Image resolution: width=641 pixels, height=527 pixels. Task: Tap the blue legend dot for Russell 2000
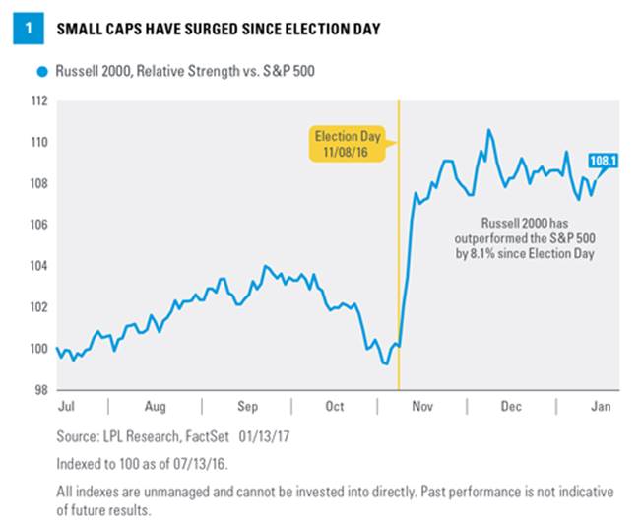[40, 72]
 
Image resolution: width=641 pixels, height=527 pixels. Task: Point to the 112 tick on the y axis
[38, 100]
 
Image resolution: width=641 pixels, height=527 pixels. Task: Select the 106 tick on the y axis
[38, 225]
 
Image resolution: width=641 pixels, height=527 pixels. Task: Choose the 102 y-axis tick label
[38, 307]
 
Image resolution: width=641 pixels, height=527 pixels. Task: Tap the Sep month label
[247, 405]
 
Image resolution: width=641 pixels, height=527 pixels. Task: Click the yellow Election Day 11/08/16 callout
[347, 144]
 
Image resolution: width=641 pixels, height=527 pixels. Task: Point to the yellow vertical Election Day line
[398, 246]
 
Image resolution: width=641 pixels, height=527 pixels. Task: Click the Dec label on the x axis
[510, 405]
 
